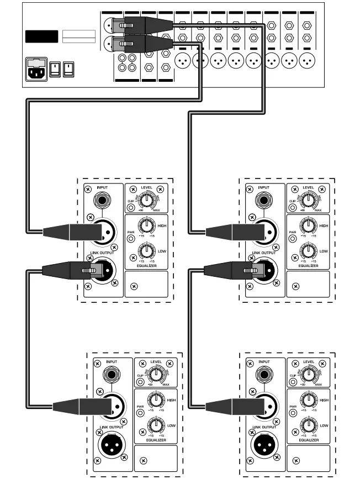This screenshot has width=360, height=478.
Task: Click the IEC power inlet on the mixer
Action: click(36, 70)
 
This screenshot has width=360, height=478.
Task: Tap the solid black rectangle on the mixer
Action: click(41, 38)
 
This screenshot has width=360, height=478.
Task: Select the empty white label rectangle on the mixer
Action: click(78, 38)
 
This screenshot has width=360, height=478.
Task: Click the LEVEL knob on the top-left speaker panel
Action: click(147, 201)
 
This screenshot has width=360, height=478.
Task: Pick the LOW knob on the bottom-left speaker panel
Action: click(156, 426)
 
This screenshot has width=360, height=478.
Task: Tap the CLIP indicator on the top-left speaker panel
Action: click(131, 208)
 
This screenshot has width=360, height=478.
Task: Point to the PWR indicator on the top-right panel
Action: click(293, 239)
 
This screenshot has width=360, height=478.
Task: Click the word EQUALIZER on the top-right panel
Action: click(308, 266)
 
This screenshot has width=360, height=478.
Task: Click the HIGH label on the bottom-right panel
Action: click(324, 400)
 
